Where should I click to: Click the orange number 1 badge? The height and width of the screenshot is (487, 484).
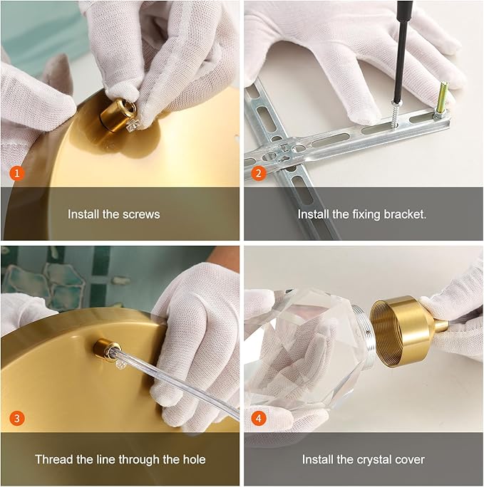pos(17,173)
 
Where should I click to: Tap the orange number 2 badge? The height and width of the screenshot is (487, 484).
pos(259,173)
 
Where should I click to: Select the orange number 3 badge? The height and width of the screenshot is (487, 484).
pos(17,418)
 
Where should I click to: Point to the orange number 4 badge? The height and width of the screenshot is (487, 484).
pos(259,418)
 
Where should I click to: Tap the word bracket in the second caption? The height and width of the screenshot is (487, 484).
pos(405,214)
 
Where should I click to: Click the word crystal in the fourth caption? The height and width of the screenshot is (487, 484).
pos(374,460)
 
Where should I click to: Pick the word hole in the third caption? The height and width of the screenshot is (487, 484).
pos(194,459)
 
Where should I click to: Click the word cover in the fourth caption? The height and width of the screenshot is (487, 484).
pos(409,460)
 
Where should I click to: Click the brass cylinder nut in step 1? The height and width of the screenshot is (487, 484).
pos(118,115)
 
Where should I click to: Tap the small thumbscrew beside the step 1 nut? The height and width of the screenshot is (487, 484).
pos(133,126)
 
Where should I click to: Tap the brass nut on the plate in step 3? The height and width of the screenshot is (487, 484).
pos(107,350)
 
